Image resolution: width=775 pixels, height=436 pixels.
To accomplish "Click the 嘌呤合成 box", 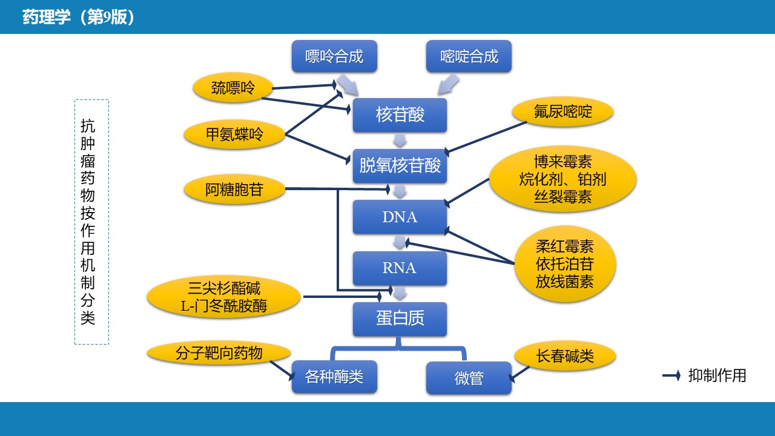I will (x=334, y=57).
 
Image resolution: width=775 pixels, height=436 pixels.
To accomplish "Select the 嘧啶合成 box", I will (x=469, y=57).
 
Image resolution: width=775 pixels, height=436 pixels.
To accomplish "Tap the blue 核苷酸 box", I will (x=400, y=115).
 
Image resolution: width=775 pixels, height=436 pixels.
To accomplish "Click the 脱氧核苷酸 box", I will (x=400, y=166).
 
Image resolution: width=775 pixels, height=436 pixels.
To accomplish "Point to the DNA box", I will (x=400, y=217).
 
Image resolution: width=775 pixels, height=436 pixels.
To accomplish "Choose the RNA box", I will (x=400, y=268).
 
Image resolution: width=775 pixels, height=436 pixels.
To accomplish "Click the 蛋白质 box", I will (x=400, y=319).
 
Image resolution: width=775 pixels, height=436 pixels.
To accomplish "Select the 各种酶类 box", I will (x=334, y=377).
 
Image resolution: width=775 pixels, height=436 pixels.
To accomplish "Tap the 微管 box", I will (x=469, y=378).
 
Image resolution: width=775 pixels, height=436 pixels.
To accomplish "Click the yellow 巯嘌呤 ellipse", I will (x=233, y=88).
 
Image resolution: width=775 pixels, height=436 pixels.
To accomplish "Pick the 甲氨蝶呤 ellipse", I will (x=235, y=134).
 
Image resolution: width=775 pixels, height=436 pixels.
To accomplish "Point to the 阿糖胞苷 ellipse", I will (x=234, y=190).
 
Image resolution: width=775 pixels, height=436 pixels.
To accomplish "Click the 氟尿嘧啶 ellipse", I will (x=562, y=113).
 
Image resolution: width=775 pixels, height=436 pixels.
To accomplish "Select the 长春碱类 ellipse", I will (x=565, y=356).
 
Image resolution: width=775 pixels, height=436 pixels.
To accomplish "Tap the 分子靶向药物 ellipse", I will (x=219, y=353).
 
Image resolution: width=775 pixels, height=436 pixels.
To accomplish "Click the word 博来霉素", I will (x=562, y=162).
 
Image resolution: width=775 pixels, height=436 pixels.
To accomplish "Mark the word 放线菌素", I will (x=565, y=282).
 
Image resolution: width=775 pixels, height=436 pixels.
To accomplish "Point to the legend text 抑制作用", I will (x=717, y=375).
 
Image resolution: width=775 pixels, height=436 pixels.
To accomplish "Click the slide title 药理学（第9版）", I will (x=79, y=17).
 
